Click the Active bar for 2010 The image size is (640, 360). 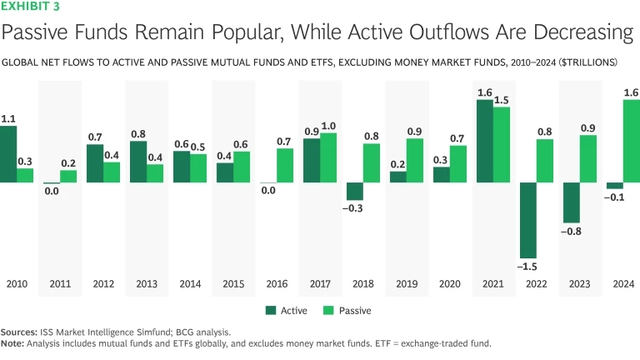point(8,154)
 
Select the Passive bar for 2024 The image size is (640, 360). point(632,141)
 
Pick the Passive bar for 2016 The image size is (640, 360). point(284,165)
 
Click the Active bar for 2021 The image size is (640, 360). point(483,141)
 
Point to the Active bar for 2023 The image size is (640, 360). point(570,202)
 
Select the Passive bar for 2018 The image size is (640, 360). point(372,162)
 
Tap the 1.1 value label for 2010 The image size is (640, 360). point(8,118)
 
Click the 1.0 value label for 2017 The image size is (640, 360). point(328,125)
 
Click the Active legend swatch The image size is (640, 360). point(271,310)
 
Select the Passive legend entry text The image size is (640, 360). point(356,310)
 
